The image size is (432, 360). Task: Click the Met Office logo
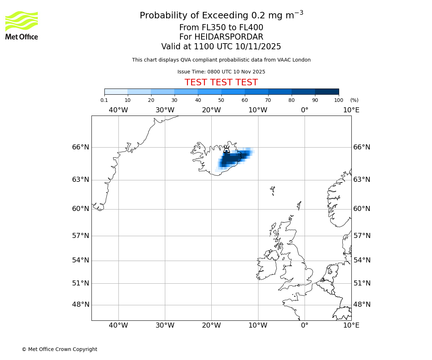tap(22, 25)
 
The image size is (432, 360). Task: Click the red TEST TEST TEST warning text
tap(221, 83)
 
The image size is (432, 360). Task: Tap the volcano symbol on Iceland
tap(226, 149)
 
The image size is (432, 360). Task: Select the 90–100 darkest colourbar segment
tap(327, 92)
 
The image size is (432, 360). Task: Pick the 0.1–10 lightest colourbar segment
tap(116, 92)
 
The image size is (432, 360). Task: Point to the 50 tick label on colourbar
tap(221, 100)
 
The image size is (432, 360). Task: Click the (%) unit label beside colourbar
tap(354, 100)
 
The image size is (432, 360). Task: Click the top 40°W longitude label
tap(118, 110)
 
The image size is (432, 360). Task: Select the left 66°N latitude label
tap(80, 147)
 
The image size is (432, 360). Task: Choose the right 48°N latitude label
tap(362, 305)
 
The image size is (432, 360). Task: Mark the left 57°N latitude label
tap(80, 236)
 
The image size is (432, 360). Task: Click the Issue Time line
tap(221, 72)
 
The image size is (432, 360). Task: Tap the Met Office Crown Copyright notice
tap(59, 350)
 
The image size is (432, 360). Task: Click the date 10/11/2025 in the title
tap(258, 47)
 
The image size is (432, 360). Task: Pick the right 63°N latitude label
tap(362, 180)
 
